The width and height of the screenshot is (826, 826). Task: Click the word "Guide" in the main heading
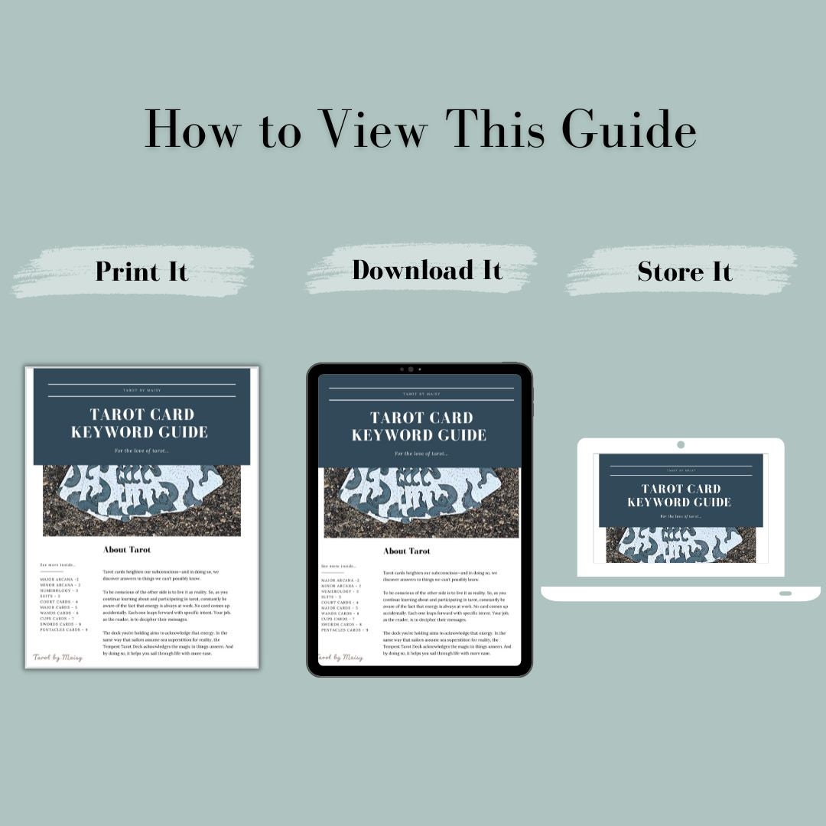click(x=629, y=129)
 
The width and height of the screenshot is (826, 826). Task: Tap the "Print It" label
click(x=141, y=272)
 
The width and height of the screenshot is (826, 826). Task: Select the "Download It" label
click(x=427, y=270)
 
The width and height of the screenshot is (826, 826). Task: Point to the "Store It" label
click(x=685, y=272)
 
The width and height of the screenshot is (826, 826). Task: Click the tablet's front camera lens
click(x=411, y=369)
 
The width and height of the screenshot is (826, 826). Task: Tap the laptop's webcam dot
click(x=681, y=445)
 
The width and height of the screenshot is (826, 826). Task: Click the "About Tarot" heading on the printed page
click(x=127, y=549)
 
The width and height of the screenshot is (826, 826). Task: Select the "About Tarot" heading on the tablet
click(x=406, y=551)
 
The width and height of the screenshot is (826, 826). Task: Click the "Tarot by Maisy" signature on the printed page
click(x=57, y=657)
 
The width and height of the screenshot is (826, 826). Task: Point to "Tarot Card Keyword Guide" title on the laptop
click(x=680, y=495)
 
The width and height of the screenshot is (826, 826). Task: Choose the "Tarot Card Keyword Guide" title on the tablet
click(x=419, y=426)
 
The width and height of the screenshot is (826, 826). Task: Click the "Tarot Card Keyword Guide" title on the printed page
click(x=139, y=423)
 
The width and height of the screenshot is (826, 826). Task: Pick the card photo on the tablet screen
click(x=421, y=502)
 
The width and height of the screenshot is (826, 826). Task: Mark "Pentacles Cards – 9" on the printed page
click(x=63, y=630)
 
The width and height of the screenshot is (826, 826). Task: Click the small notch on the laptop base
click(x=785, y=593)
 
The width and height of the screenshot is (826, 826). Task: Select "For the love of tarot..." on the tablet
click(x=421, y=454)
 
